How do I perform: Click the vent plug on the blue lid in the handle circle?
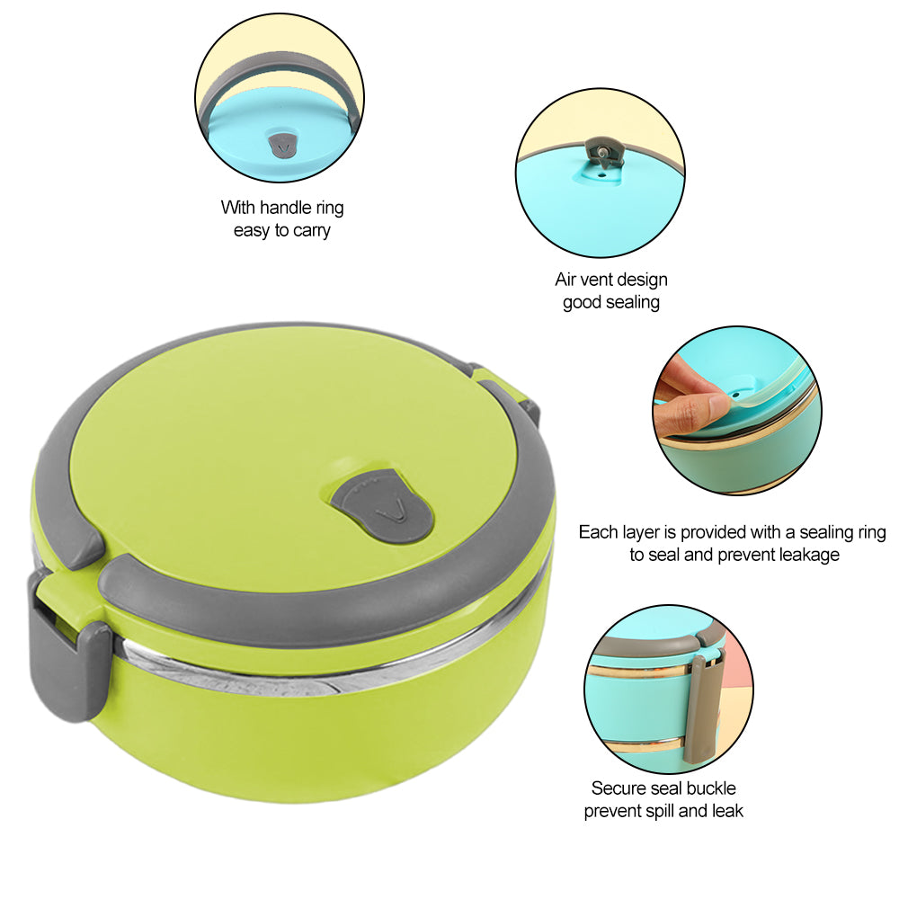(x=283, y=144)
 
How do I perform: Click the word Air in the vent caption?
(x=568, y=280)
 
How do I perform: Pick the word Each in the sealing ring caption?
(x=598, y=532)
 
